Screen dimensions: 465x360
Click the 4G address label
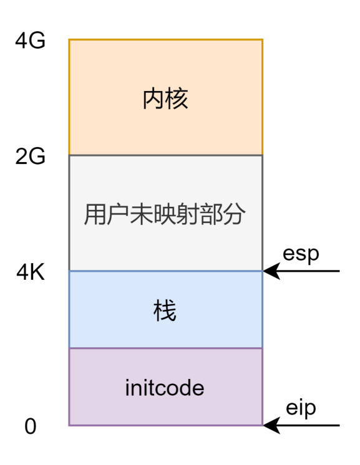point(31,42)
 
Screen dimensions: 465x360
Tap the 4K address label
point(31,272)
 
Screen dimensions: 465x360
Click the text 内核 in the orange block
point(165,99)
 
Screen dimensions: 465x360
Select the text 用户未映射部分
point(165,215)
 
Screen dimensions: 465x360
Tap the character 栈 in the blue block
point(165,310)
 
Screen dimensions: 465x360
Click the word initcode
point(165,388)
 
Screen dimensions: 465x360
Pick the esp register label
point(301,254)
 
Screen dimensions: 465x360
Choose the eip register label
point(301,408)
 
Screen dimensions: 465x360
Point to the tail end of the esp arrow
point(339,271)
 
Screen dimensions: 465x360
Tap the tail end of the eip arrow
point(339,426)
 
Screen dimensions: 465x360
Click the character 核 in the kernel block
point(177,99)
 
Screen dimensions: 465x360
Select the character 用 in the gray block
point(94,215)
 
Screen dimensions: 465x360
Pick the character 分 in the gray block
point(236,215)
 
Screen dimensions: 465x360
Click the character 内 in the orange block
point(153,99)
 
